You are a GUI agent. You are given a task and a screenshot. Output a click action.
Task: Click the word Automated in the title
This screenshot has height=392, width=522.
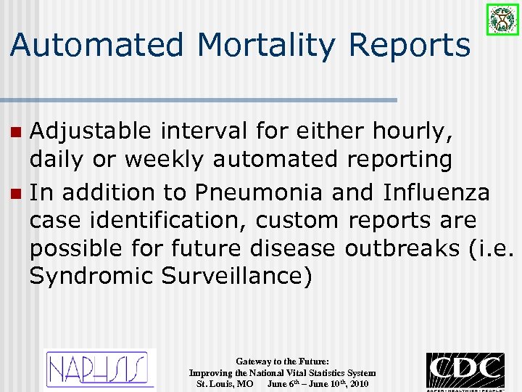pos(98,45)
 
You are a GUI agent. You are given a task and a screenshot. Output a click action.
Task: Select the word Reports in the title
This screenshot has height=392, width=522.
pos(410,45)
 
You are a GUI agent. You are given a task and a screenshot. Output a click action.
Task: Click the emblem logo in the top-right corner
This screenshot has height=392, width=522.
pos(502,20)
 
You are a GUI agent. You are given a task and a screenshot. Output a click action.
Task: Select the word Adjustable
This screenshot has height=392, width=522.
pos(91,131)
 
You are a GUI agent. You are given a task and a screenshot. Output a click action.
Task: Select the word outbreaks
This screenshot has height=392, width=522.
pos(402,248)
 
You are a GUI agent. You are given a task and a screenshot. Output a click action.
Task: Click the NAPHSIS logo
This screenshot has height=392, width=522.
pos(101,369)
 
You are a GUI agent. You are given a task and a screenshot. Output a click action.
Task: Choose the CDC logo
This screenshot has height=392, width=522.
pos(465,370)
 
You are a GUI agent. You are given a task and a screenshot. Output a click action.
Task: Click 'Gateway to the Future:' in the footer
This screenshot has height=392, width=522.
pos(282,361)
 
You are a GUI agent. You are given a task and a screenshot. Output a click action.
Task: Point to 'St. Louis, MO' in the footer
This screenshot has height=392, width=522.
pos(225,383)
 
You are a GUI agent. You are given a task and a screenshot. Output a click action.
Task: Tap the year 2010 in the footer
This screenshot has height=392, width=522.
pos(358,383)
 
